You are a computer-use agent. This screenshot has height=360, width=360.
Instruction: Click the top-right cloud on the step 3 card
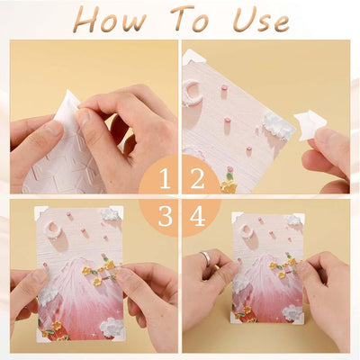tap(111, 214)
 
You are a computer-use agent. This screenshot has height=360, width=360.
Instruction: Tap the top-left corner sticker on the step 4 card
tap(237, 217)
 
